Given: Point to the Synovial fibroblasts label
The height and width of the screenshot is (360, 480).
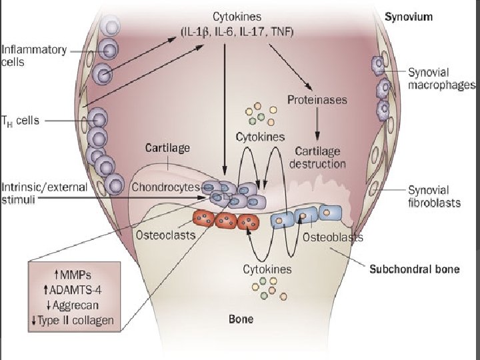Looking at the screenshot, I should pos(434,197).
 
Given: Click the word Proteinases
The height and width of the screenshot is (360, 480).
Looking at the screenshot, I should pos(317,100).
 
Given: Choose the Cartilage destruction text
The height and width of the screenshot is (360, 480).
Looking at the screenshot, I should pos(318,157).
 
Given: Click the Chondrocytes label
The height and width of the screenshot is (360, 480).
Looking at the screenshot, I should pos(165,187).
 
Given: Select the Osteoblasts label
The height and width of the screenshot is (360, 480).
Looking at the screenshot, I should pos(333,237).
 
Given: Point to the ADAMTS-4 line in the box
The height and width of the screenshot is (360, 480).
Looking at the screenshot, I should pos(73,291).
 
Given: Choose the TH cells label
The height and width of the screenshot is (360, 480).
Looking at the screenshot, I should pos(21,121).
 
